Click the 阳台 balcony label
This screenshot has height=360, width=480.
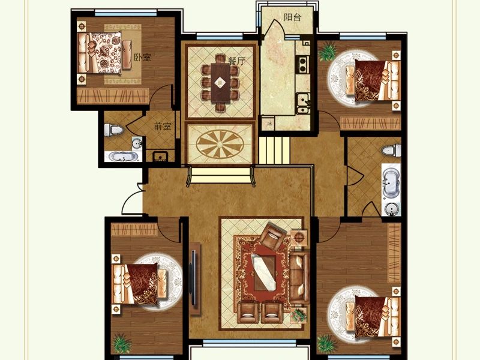tap(292, 17)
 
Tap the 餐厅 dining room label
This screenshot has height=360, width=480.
tap(236, 61)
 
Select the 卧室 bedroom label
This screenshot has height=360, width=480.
tap(143, 57)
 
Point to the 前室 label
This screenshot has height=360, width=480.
tap(162, 126)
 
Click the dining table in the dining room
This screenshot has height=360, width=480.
tap(220, 83)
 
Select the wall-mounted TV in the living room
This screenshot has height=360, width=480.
tap(194, 278)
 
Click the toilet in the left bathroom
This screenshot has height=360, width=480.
tap(113, 130)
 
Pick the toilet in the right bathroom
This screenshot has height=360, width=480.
tap(391, 151)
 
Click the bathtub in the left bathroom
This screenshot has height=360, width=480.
tap(123, 157)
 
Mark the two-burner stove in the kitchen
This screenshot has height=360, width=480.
tap(304, 64)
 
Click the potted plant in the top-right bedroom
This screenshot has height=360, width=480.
tap(327, 52)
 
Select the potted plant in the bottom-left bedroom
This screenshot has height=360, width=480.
tap(122, 343)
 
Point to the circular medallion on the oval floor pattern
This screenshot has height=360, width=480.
tap(220, 143)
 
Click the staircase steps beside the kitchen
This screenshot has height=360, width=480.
tap(274, 151)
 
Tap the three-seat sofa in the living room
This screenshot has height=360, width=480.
tap(299, 277)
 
